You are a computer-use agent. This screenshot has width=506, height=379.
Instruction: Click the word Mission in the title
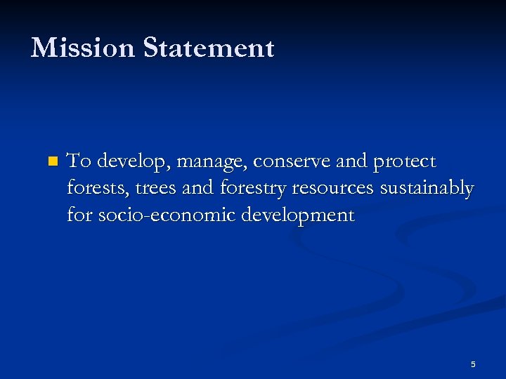click(83, 48)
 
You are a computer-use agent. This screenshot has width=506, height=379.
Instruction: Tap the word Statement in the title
click(209, 48)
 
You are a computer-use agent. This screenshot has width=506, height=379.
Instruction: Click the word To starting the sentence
click(79, 161)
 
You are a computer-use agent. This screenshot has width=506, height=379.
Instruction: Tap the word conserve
click(291, 162)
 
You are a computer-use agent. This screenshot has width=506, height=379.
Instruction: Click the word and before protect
click(351, 161)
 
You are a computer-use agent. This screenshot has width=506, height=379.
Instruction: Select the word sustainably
click(427, 189)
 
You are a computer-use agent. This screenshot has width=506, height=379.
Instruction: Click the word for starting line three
click(79, 215)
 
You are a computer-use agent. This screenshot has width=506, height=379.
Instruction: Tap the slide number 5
click(473, 364)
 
